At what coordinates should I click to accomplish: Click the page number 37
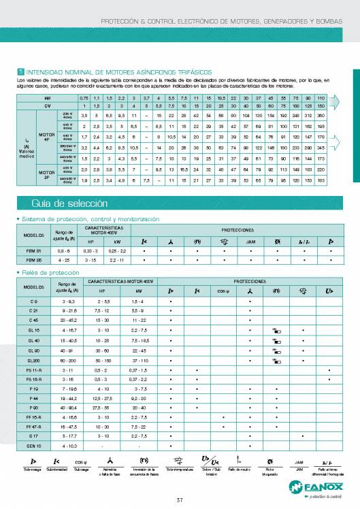tap(180, 502)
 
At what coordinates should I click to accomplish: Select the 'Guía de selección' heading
tap(61, 202)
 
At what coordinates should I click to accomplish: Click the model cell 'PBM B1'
tap(33, 250)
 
